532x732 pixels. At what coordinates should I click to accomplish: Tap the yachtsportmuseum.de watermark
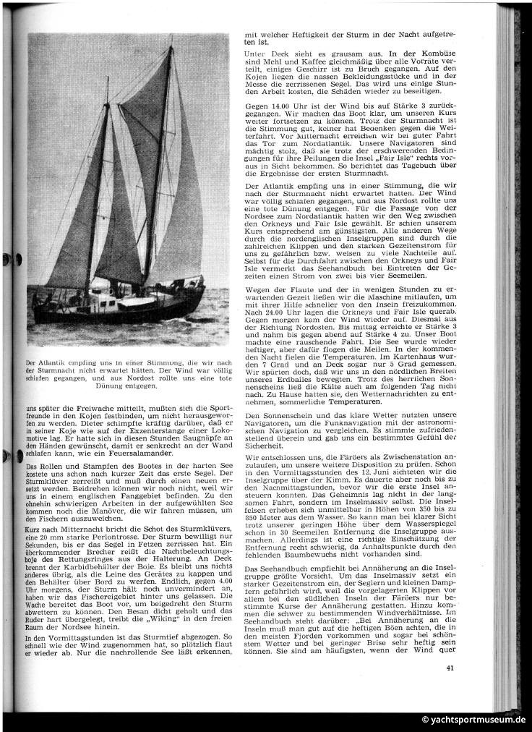coord(474,720)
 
